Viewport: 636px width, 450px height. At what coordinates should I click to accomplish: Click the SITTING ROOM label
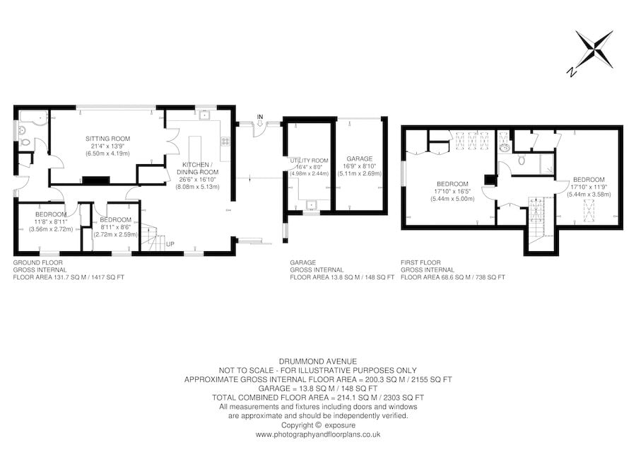(103, 138)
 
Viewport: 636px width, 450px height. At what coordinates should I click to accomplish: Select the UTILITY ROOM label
(309, 161)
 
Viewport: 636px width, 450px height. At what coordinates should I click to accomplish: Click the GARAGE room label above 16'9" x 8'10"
(359, 158)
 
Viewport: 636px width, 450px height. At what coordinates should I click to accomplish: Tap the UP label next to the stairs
(170, 244)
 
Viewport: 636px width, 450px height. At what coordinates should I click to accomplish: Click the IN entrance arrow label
(260, 116)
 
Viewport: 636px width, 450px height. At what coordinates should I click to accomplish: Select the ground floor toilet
(25, 143)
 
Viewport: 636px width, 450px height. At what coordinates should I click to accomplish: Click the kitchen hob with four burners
(225, 140)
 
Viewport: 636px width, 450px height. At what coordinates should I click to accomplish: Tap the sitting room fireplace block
(92, 180)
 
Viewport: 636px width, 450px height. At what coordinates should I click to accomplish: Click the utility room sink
(310, 206)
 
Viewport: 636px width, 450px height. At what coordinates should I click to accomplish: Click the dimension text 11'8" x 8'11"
(51, 222)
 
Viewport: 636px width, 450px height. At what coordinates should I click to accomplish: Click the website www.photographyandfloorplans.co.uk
(318, 434)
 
